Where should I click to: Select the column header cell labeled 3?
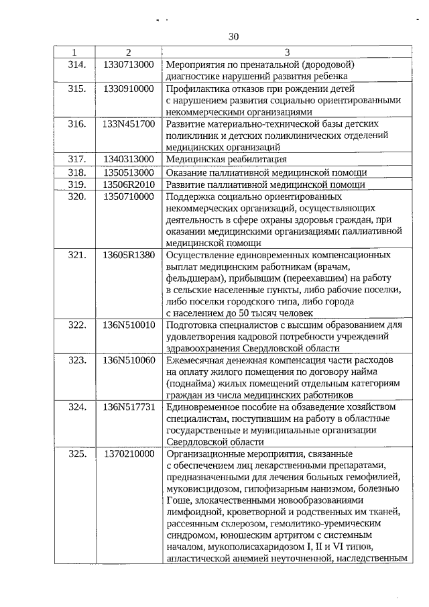tap(287, 52)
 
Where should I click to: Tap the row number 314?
tap(78, 64)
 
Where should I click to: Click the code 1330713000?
tap(129, 64)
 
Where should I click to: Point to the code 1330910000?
tap(129, 89)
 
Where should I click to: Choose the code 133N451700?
tap(129, 124)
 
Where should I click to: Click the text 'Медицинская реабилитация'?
tap(227, 159)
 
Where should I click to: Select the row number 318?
tap(78, 172)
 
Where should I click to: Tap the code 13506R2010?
tap(129, 184)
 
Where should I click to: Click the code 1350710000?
tap(129, 197)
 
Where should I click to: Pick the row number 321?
tap(78, 255)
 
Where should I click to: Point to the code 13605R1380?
tap(129, 255)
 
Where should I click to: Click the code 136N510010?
tap(129, 325)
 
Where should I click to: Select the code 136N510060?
tap(129, 360)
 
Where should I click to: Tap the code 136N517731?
tap(129, 406)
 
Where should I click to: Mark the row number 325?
tap(78, 453)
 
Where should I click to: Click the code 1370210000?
tap(129, 453)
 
